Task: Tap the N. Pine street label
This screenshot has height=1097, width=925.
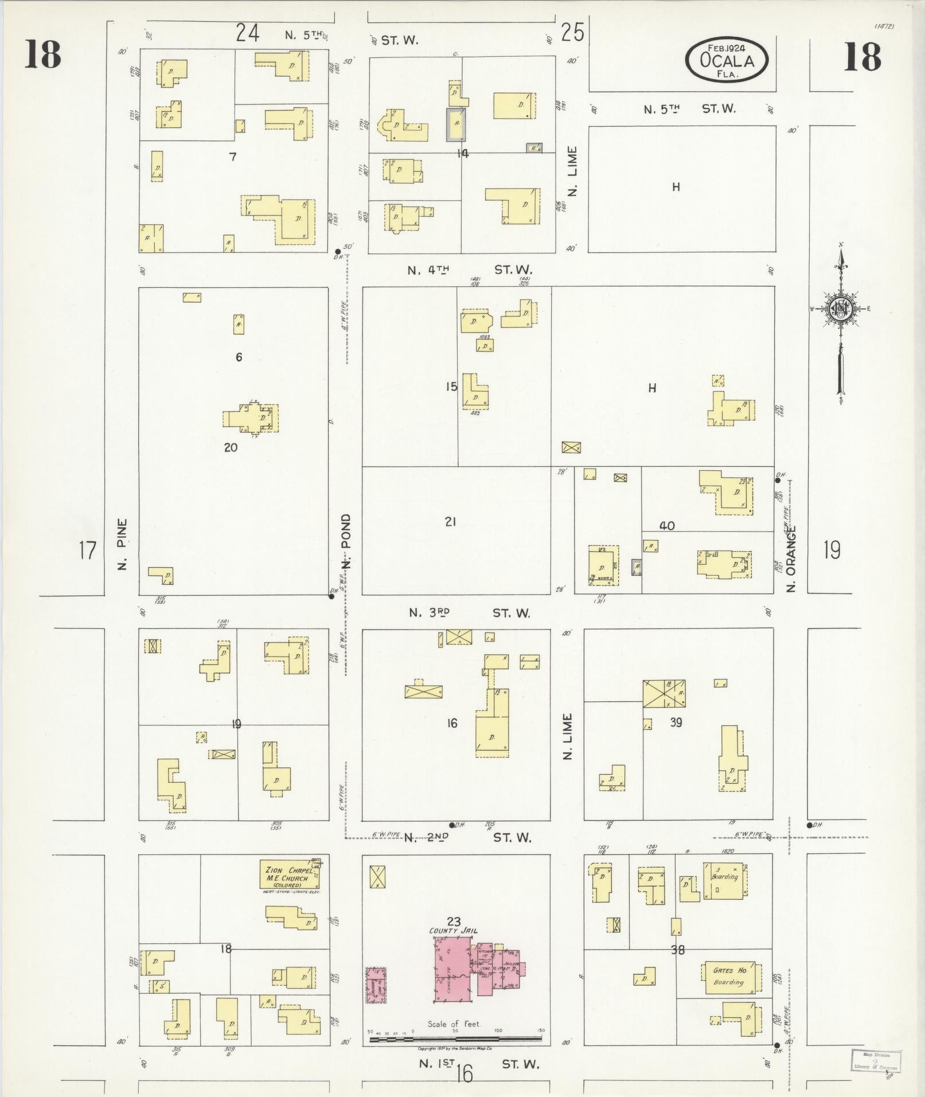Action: click(122, 545)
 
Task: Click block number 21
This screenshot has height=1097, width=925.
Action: click(450, 522)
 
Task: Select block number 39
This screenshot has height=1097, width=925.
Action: click(676, 723)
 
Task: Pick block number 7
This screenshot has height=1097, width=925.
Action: click(232, 157)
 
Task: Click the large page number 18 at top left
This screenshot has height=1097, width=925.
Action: click(42, 56)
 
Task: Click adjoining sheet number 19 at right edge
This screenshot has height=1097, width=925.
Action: click(832, 551)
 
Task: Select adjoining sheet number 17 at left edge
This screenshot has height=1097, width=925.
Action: click(87, 551)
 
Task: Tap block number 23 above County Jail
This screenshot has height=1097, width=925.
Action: click(454, 922)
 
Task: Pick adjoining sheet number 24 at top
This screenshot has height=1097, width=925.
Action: click(248, 33)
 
